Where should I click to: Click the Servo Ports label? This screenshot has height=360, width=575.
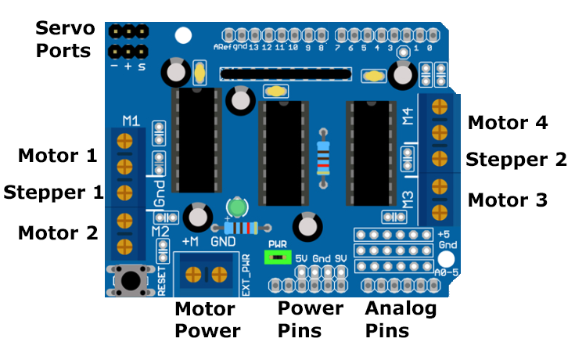point(65,40)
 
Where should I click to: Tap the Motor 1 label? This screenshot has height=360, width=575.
point(57,155)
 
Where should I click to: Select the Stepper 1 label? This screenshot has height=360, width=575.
point(53,192)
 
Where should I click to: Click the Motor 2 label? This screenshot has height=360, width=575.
point(57,232)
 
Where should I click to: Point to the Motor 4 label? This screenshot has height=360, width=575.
point(507,123)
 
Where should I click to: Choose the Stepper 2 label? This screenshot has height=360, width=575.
point(516,160)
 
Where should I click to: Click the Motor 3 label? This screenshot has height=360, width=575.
point(507,200)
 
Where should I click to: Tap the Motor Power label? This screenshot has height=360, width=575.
point(207,319)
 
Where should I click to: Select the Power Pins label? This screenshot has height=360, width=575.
point(311,319)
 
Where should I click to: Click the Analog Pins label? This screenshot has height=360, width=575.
point(401,319)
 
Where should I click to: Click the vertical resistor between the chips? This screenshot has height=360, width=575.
point(322,157)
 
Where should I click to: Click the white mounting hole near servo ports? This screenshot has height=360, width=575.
point(183,35)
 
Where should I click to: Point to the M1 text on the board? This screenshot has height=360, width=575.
point(131,121)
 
